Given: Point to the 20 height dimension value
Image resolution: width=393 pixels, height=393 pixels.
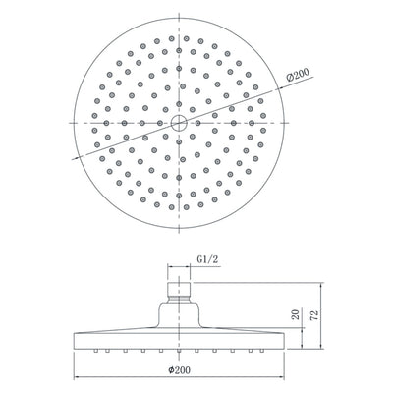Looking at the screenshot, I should (294, 315).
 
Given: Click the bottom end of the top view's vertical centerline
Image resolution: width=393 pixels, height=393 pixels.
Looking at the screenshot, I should (180, 231).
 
